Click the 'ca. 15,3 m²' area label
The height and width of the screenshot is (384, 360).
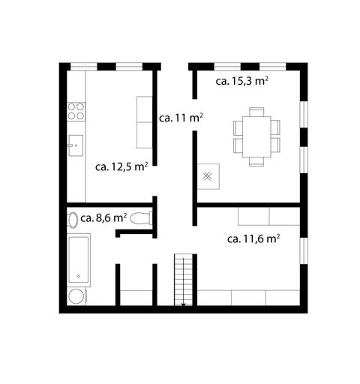pyautogui.click(x=242, y=81)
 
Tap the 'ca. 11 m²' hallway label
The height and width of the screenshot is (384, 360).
pyautogui.click(x=181, y=118)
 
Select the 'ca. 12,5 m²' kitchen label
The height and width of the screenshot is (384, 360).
pyautogui.click(x=121, y=167)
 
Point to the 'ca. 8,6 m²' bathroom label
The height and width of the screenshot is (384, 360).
pyautogui.click(x=103, y=218)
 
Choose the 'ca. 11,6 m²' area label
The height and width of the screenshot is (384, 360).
pyautogui.click(x=253, y=239)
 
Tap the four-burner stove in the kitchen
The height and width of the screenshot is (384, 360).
pyautogui.click(x=76, y=112)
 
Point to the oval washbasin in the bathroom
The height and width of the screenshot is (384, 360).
pyautogui.click(x=72, y=220)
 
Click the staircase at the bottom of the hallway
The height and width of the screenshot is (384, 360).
pyautogui.click(x=184, y=279)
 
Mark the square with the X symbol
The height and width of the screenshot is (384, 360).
pyautogui.click(x=208, y=177)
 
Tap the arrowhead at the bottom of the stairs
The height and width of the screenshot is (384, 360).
pyautogui.click(x=184, y=304)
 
